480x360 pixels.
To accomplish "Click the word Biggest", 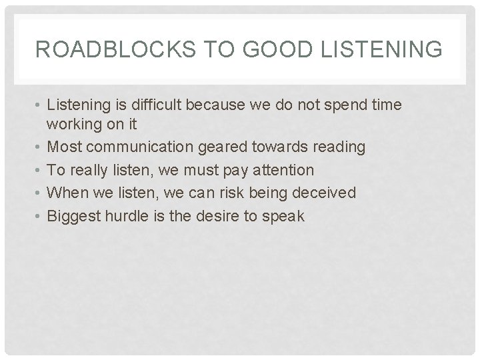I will point(71,216).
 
